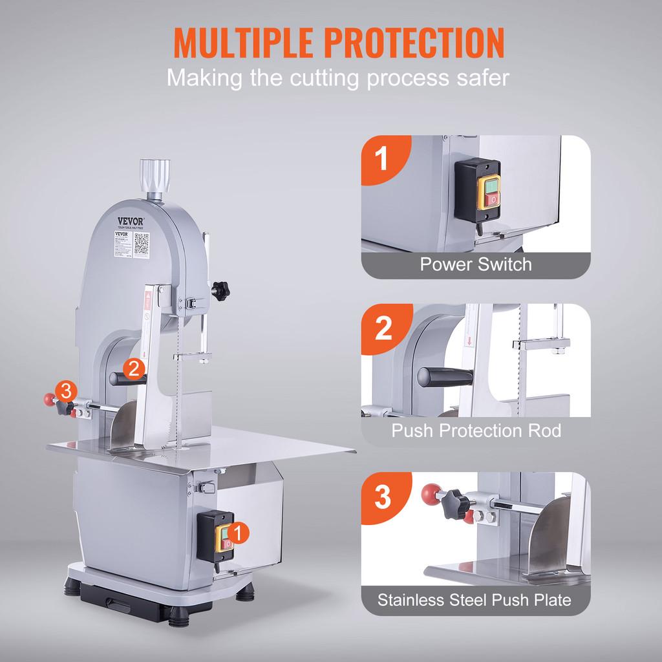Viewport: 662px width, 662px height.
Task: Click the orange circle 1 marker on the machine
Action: click(x=238, y=532)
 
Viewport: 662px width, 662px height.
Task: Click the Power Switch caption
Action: click(x=475, y=264)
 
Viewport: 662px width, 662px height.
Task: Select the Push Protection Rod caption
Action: click(x=476, y=431)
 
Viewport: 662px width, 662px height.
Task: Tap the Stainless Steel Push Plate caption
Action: click(x=475, y=600)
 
